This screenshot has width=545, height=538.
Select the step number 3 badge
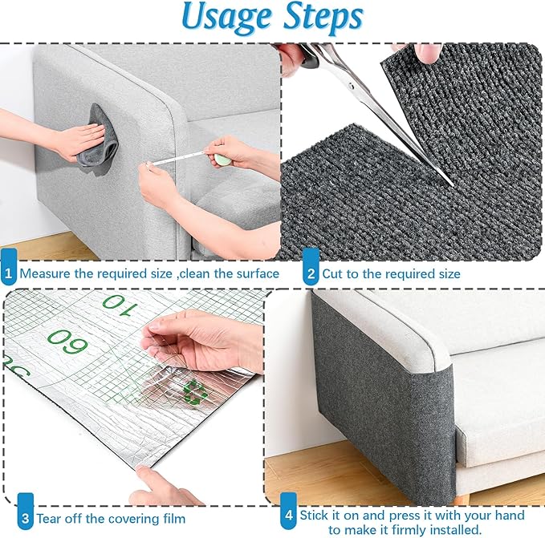(x=25, y=518)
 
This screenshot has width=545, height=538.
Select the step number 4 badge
(x=287, y=516)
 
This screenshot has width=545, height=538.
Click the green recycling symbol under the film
(x=193, y=391)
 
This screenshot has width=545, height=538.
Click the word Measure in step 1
(x=45, y=273)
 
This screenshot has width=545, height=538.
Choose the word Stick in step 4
(x=315, y=515)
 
